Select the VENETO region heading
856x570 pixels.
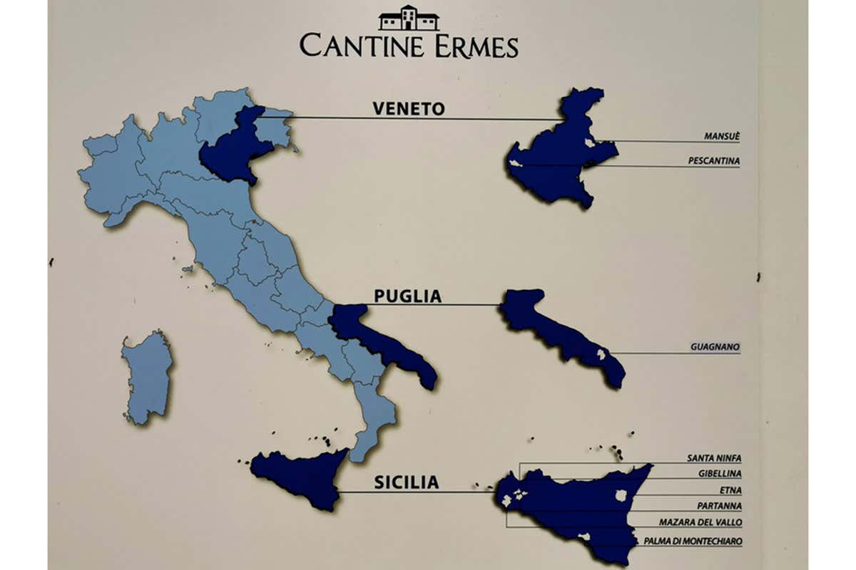pyautogui.click(x=408, y=108)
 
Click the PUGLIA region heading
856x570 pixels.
pyautogui.click(x=407, y=296)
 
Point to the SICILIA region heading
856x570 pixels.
pyautogui.click(x=407, y=482)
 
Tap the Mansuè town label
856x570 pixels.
pyautogui.click(x=721, y=137)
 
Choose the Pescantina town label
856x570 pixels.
pyautogui.click(x=713, y=161)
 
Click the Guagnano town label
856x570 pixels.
pyautogui.click(x=715, y=348)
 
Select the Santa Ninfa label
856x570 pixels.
pyautogui.click(x=713, y=458)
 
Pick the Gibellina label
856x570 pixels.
pyautogui.click(x=719, y=473)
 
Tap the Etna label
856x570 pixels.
pyautogui.click(x=730, y=490)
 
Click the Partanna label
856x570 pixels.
pyautogui.click(x=718, y=506)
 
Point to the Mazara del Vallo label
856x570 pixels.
pyautogui.click(x=700, y=522)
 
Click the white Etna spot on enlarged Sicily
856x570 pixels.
pyautogui.click(x=621, y=494)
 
